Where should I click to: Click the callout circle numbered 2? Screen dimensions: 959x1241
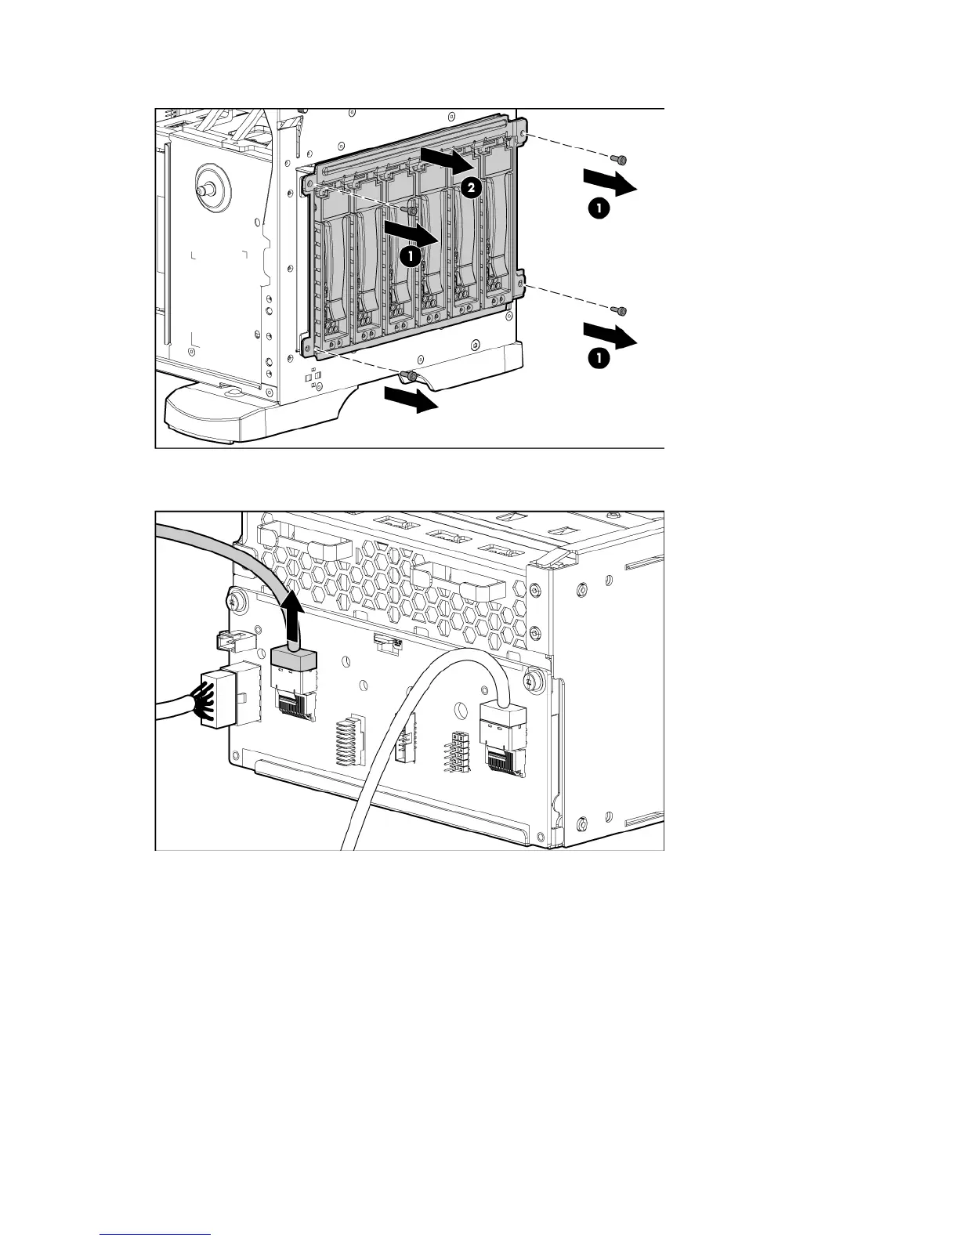[470, 187]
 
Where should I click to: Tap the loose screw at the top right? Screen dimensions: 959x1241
[621, 160]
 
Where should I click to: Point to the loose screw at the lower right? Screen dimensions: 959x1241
[621, 311]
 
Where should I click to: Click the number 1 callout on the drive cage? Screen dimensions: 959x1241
[408, 255]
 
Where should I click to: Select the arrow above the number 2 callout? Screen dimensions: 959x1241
[447, 159]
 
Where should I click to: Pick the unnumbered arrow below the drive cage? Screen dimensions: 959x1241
[411, 400]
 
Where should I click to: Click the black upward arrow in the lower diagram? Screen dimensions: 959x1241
[293, 619]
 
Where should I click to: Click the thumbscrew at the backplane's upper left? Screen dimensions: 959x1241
[236, 602]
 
